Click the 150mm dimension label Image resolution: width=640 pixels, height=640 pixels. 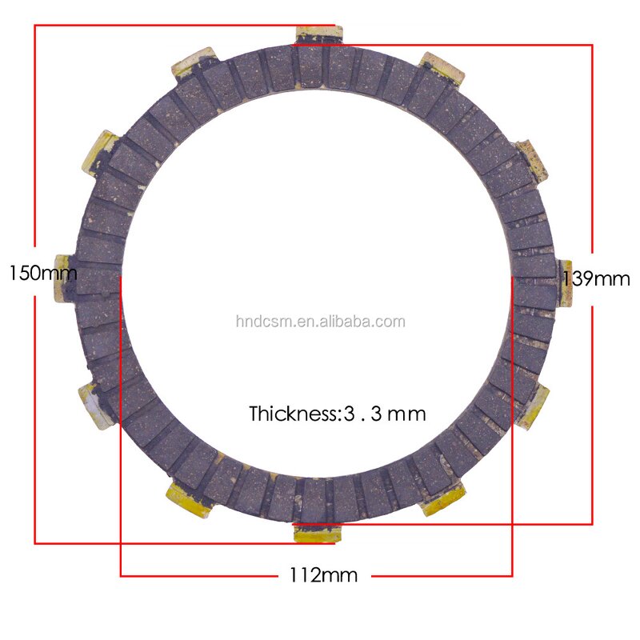click(x=42, y=273)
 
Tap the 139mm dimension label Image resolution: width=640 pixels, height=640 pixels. click(x=597, y=279)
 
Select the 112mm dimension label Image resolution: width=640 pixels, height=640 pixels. click(x=323, y=574)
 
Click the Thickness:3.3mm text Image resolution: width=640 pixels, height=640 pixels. click(x=337, y=414)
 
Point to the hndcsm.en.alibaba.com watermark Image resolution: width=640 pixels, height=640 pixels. click(x=320, y=322)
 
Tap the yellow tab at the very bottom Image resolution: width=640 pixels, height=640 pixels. click(x=318, y=533)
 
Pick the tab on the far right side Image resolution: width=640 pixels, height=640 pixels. click(x=566, y=282)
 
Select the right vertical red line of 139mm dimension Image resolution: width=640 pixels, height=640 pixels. click(x=592, y=160)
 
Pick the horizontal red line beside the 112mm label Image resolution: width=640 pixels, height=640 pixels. click(x=200, y=575)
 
